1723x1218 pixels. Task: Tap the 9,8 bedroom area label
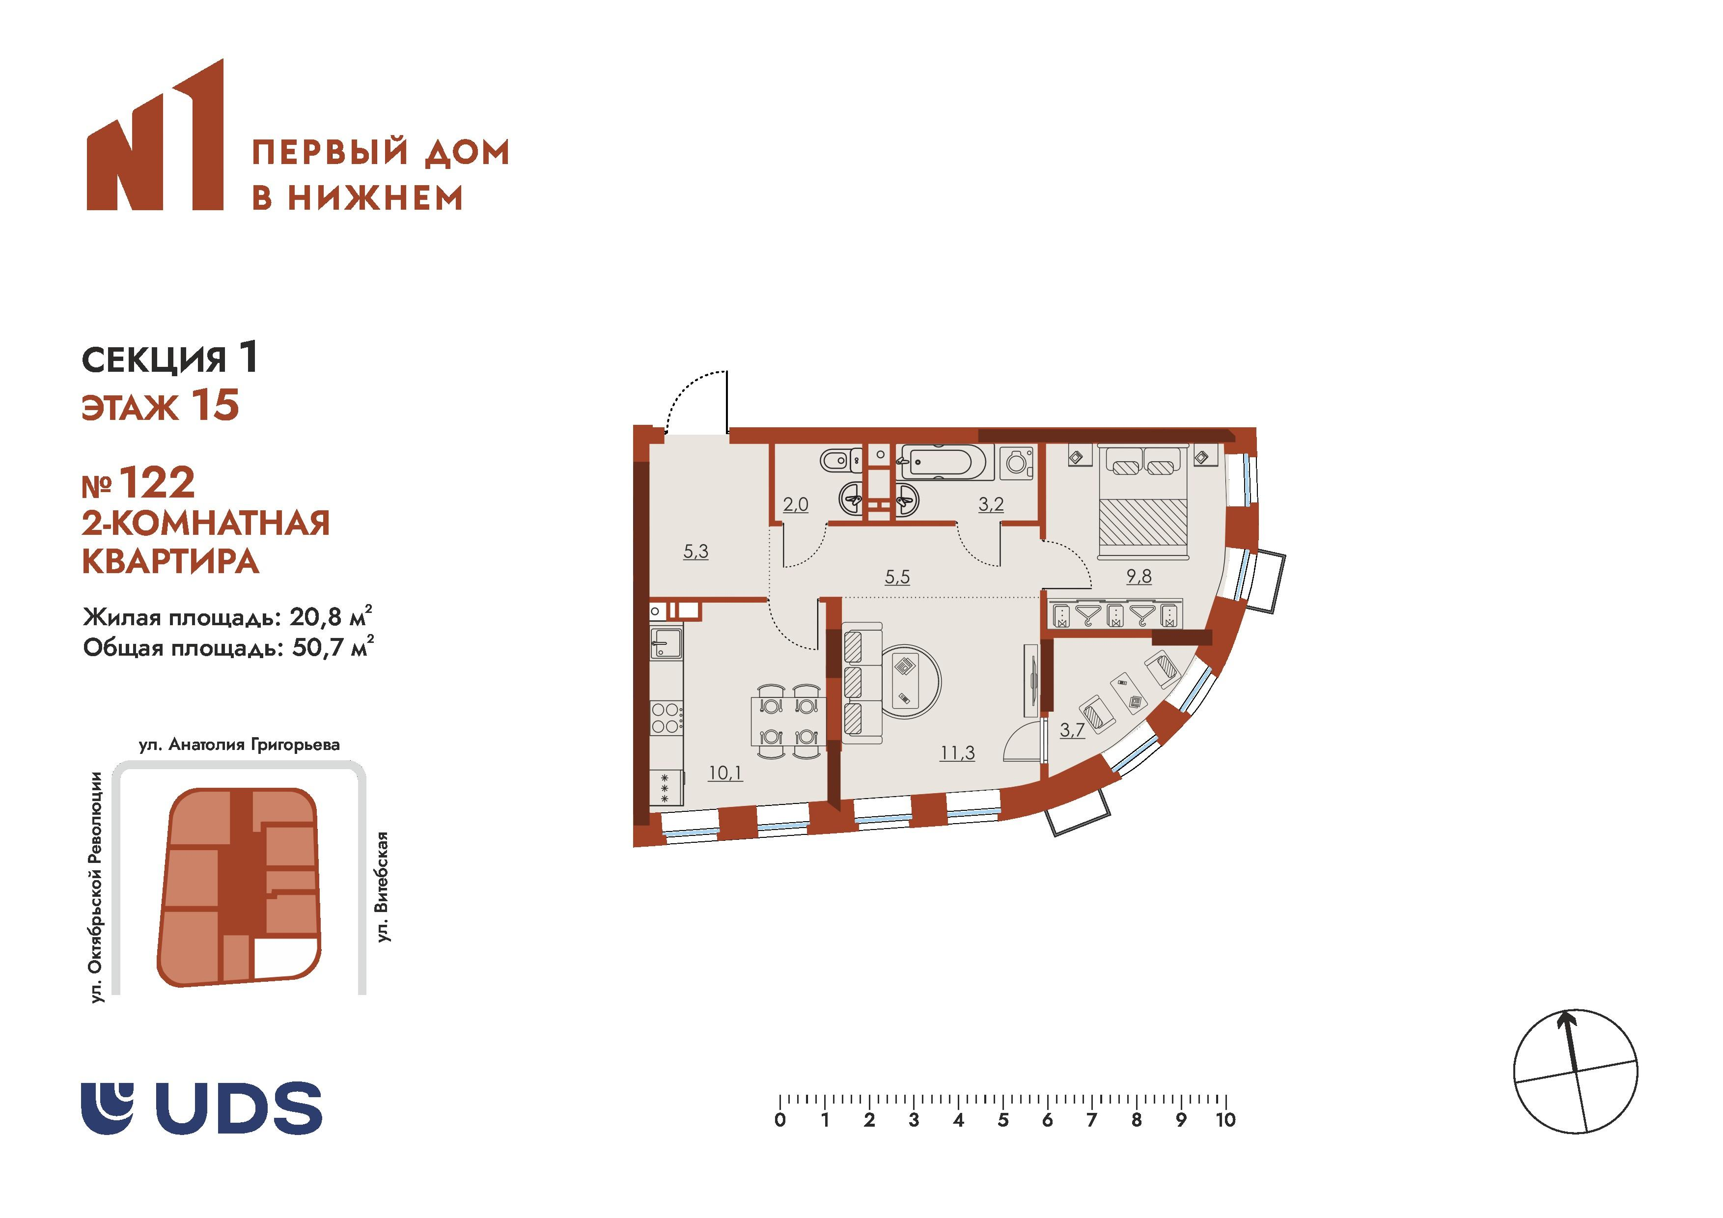click(x=1139, y=577)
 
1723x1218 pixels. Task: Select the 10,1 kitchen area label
click(x=725, y=772)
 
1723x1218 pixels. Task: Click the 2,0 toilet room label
click(x=796, y=504)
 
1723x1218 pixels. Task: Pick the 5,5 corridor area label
click(x=897, y=577)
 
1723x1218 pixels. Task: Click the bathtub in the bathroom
click(x=946, y=462)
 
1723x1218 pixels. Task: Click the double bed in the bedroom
click(x=1143, y=510)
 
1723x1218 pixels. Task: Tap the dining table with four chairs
click(x=789, y=721)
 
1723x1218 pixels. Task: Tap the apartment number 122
click(x=157, y=483)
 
